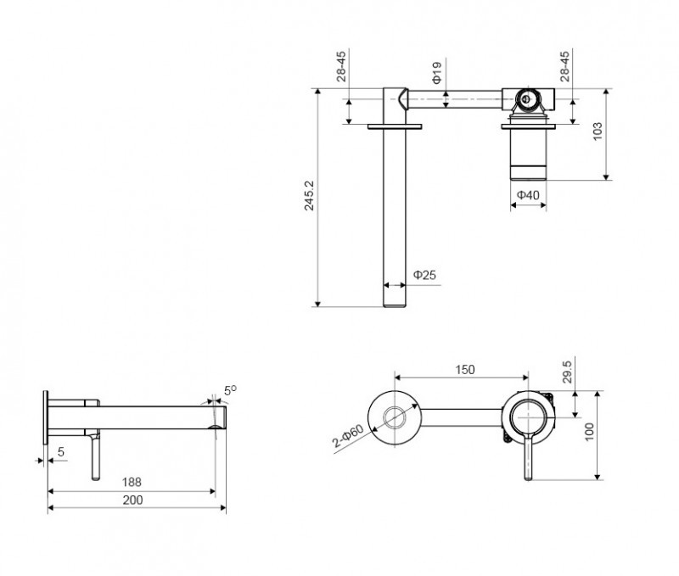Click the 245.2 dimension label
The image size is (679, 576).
pyautogui.click(x=310, y=196)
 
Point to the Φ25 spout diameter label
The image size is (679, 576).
pyautogui.click(x=425, y=275)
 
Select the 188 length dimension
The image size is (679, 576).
pyautogui.click(x=132, y=481)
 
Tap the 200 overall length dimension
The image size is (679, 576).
pyautogui.click(x=132, y=500)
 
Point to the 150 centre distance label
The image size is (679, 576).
pyautogui.click(x=464, y=369)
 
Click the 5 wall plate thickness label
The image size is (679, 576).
pyautogui.click(x=60, y=452)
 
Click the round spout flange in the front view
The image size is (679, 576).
pyautogui.click(x=395, y=417)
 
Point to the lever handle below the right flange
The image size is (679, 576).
pyautogui.click(x=530, y=459)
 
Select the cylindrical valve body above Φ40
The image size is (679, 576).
pyautogui.click(x=529, y=155)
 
